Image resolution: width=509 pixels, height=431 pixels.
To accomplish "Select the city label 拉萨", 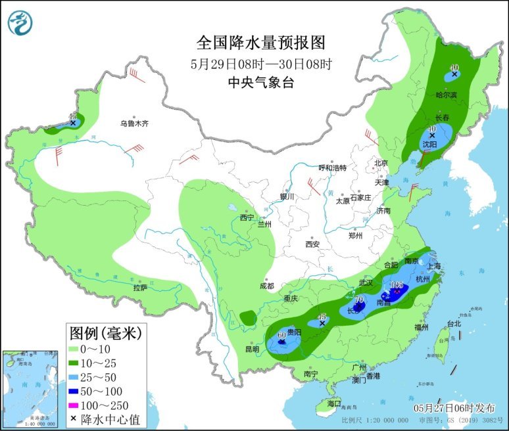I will click(140, 287).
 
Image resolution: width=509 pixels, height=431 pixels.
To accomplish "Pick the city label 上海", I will click(433, 267).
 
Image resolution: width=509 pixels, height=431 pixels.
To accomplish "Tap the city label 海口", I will click(335, 403).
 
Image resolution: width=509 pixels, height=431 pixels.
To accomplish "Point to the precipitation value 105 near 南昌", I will click(397, 284).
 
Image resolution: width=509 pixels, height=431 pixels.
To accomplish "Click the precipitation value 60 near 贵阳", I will click(281, 335).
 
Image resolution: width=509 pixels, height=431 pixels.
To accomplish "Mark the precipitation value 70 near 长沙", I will click(359, 300).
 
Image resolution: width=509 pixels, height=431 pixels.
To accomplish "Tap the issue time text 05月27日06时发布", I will click(452, 407).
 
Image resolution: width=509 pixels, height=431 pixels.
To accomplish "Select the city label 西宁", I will click(247, 217).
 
